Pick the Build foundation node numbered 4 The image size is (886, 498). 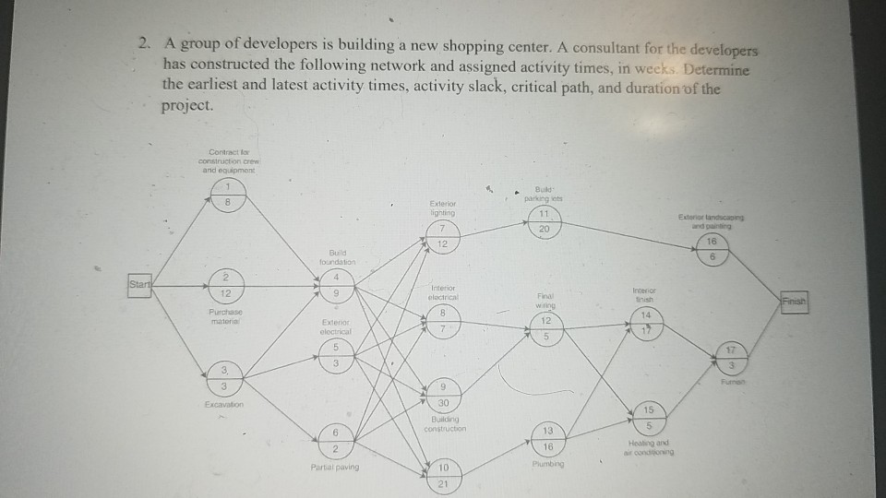click(x=338, y=284)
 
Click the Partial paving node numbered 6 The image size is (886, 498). click(x=336, y=438)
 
